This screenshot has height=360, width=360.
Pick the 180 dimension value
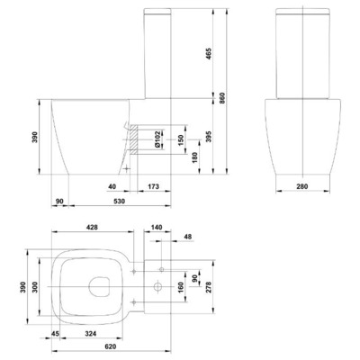tap(180, 157)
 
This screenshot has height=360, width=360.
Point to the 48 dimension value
tap(186, 238)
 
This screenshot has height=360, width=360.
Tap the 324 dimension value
tap(90, 334)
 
